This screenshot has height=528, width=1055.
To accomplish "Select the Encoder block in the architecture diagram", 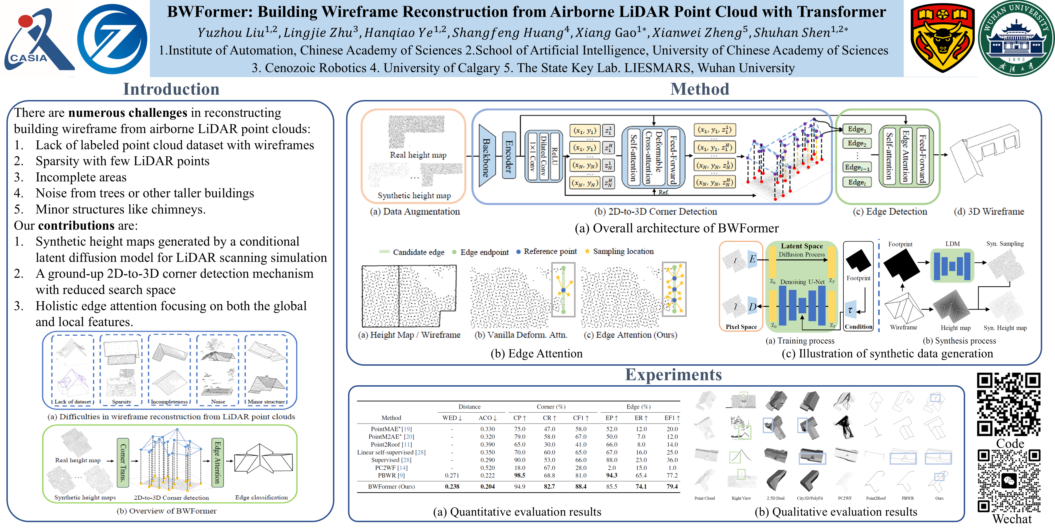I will (x=509, y=156).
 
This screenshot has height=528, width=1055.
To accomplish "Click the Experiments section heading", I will (x=673, y=375).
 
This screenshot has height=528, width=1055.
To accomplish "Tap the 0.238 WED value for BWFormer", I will (x=452, y=487).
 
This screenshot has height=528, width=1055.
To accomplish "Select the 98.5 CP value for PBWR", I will (x=519, y=475).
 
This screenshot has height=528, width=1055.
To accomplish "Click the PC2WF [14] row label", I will (x=391, y=468).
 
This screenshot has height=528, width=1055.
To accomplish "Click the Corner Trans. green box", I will (x=123, y=462).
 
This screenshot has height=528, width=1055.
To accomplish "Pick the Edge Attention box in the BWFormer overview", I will (x=217, y=462).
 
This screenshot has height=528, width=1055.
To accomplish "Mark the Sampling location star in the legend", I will (x=587, y=251).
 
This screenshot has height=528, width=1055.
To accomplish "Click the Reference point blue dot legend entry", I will (x=519, y=252).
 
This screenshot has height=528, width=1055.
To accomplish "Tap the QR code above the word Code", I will (x=1008, y=404).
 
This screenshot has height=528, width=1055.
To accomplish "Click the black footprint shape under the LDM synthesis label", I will (x=901, y=264).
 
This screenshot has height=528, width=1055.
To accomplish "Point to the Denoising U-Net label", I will (x=802, y=282).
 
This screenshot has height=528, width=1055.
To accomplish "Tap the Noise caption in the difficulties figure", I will (x=218, y=402).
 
